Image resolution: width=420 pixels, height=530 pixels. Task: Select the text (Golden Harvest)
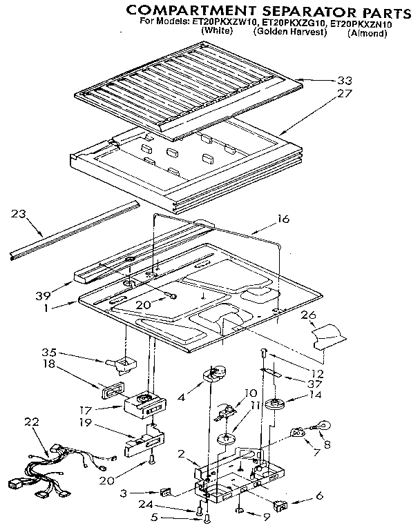(289, 32)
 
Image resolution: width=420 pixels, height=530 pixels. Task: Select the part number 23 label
(19, 214)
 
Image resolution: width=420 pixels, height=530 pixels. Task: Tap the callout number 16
(283, 219)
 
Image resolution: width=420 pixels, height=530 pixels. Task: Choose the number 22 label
(30, 422)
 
